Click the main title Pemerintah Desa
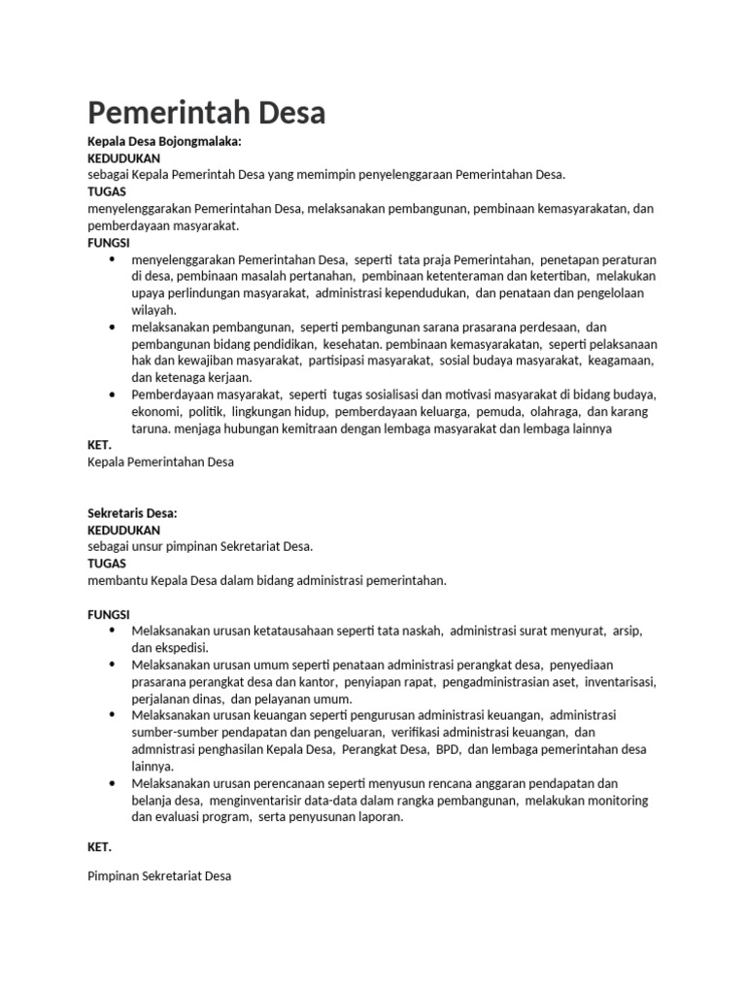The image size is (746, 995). (206, 114)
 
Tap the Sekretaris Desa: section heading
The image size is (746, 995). (132, 513)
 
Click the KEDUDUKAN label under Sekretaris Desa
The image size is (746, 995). (123, 530)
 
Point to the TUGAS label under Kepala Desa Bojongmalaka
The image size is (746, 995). (107, 191)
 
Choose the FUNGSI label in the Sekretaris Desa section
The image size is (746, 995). (109, 614)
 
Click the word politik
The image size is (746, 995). (210, 412)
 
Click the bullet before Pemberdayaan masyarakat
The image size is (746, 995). (113, 395)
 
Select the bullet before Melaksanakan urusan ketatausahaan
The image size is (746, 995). (113, 631)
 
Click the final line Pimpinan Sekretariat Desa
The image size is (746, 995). (159, 875)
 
